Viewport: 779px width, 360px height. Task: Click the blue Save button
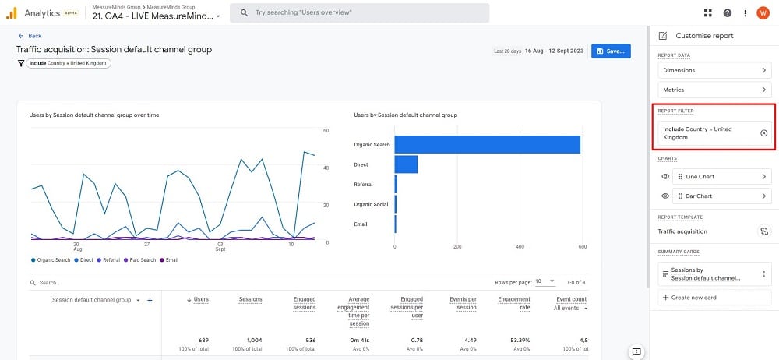[x=611, y=51]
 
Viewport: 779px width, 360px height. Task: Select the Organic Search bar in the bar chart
[x=487, y=145]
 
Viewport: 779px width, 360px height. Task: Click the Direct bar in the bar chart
[x=406, y=164]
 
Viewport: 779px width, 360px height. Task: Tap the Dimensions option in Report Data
[x=714, y=70]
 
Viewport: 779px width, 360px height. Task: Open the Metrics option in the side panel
[x=714, y=90]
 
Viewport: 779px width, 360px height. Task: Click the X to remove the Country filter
[x=763, y=133]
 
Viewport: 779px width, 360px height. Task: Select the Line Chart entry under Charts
[x=721, y=177]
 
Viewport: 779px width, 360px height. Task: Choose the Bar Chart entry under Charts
[x=721, y=196]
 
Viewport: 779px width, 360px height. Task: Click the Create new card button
[x=714, y=298]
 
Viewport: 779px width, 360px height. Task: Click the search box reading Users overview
[x=360, y=13]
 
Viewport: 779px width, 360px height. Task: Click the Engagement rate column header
[x=514, y=303]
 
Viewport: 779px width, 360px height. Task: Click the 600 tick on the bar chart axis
[x=581, y=247]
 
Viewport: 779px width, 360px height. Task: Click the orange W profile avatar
[x=763, y=13]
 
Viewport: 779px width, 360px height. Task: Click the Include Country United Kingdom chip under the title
[x=69, y=63]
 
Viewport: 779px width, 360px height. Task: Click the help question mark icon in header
[x=728, y=13]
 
